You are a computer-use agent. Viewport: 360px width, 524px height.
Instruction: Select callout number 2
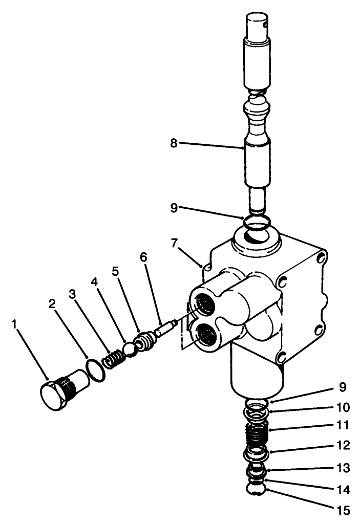[x=52, y=303]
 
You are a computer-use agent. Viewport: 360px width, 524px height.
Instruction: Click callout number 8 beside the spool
[x=174, y=144]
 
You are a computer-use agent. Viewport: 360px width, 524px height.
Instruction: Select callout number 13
[x=344, y=468]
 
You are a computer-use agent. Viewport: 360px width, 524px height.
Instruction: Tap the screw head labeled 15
[x=257, y=490]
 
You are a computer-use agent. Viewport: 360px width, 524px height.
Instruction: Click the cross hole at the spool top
[x=266, y=22]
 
